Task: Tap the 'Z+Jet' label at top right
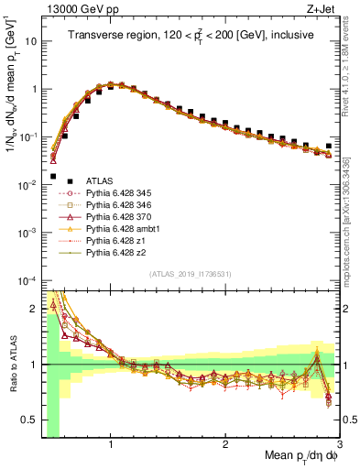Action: click(323, 9)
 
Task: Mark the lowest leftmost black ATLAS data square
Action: click(53, 176)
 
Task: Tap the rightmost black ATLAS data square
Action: click(329, 146)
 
